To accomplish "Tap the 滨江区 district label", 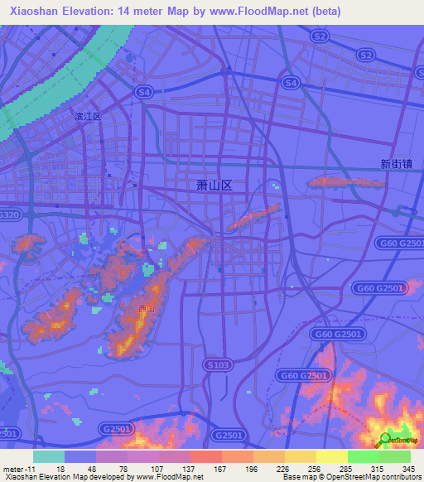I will click(87, 117).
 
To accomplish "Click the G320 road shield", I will click(10, 215).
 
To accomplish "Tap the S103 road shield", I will click(216, 364).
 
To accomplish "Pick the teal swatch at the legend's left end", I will click(49, 456).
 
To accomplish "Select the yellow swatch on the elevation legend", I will click(331, 456).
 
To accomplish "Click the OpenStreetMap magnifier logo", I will click(384, 440).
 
